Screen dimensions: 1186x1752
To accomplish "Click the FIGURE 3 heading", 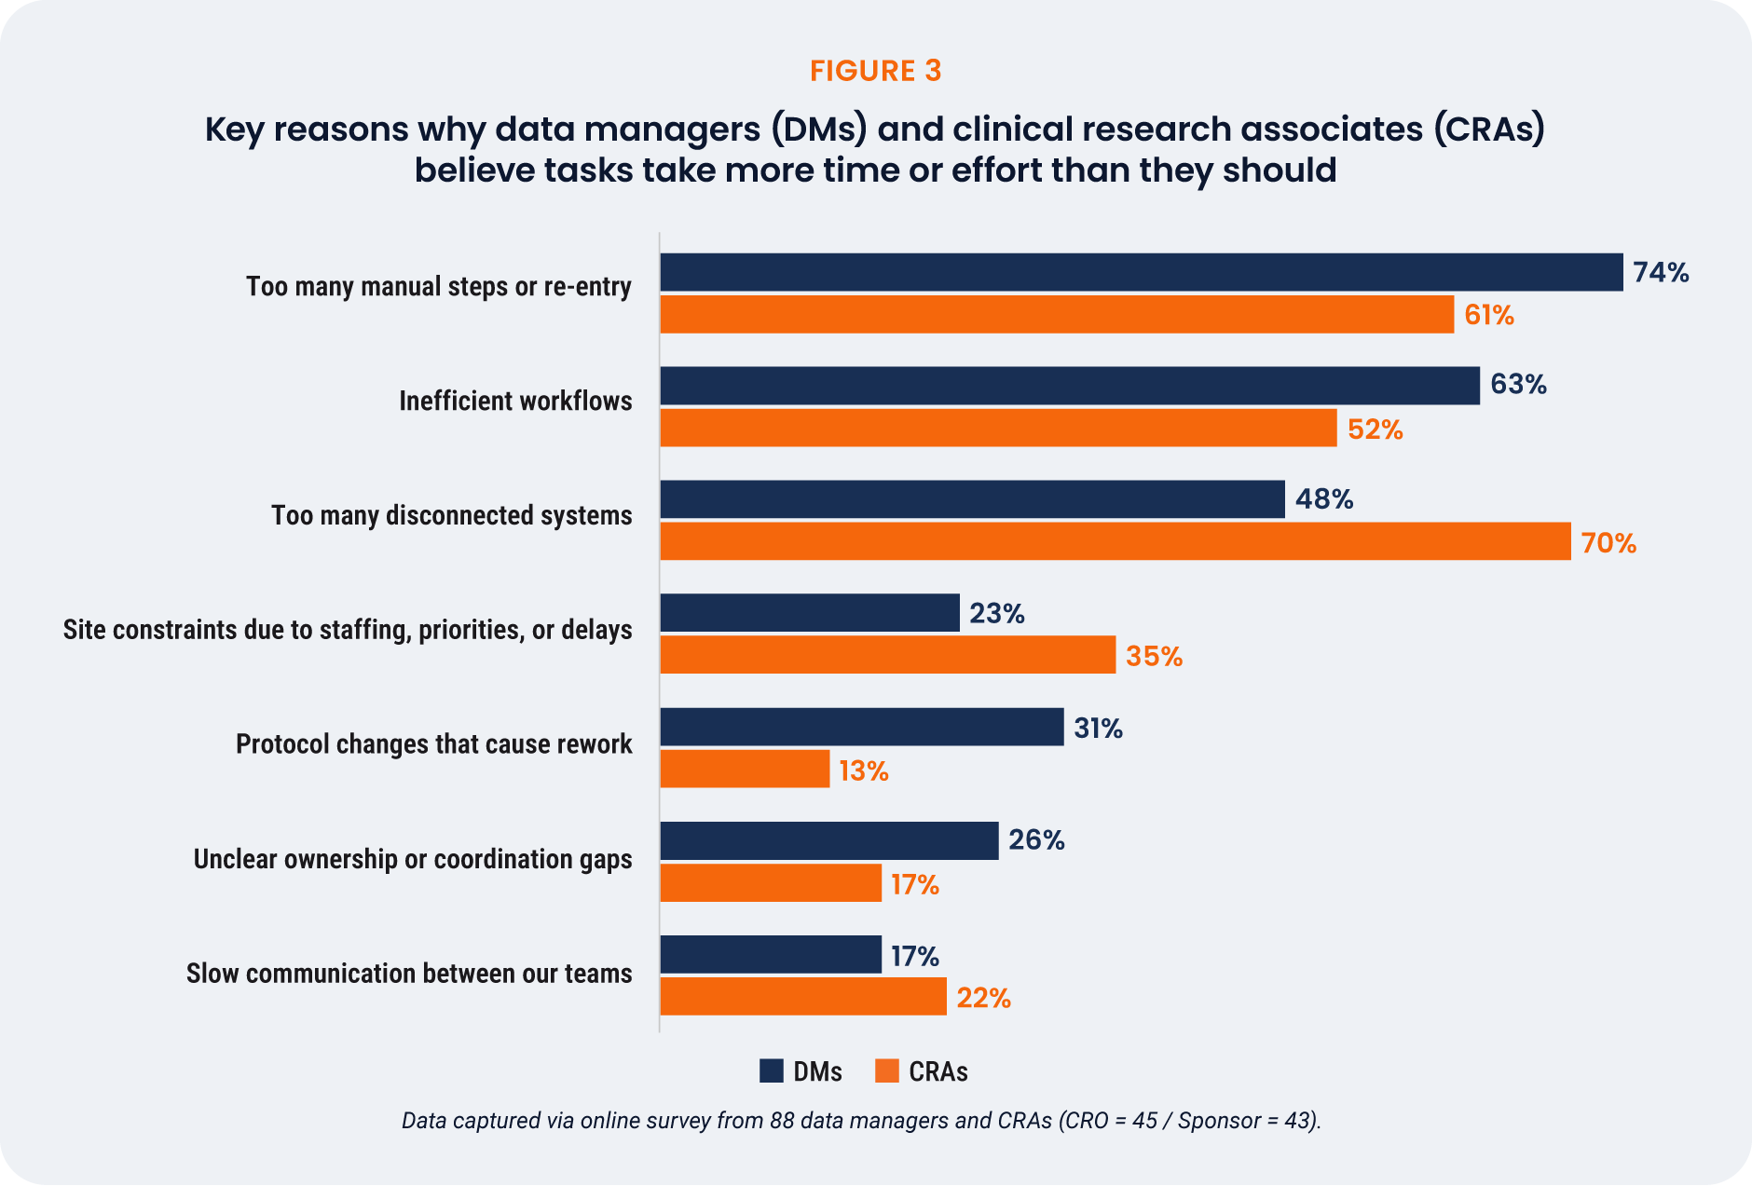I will tap(875, 71).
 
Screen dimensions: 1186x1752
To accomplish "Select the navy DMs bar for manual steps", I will tap(1141, 272).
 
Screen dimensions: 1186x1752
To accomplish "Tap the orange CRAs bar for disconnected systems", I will tap(1115, 541).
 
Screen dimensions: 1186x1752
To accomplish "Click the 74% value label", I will tap(1661, 272).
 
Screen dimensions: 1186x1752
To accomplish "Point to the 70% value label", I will tap(1608, 543).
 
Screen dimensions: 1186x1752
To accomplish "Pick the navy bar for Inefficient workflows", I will tap(1069, 386).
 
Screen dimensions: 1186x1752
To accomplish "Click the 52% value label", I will tap(1375, 429).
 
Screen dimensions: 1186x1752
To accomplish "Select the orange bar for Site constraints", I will tap(887, 655).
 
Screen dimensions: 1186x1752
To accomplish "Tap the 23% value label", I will tap(996, 614).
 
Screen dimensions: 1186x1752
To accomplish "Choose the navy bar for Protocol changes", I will tap(861, 727).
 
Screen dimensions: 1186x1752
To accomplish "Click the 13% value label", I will tap(863, 771).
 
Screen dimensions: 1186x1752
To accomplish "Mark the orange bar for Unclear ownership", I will tap(770, 883).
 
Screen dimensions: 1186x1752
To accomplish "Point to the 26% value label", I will tap(1036, 840).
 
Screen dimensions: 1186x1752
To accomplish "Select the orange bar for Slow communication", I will tap(802, 997).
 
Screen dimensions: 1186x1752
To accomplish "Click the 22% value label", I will tap(983, 999).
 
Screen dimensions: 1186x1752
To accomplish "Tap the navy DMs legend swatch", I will tap(772, 1071).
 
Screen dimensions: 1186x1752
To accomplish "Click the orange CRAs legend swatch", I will tap(886, 1071).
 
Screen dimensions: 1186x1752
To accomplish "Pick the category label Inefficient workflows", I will tap(515, 402).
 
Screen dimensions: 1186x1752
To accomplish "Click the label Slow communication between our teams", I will tap(409, 974).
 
